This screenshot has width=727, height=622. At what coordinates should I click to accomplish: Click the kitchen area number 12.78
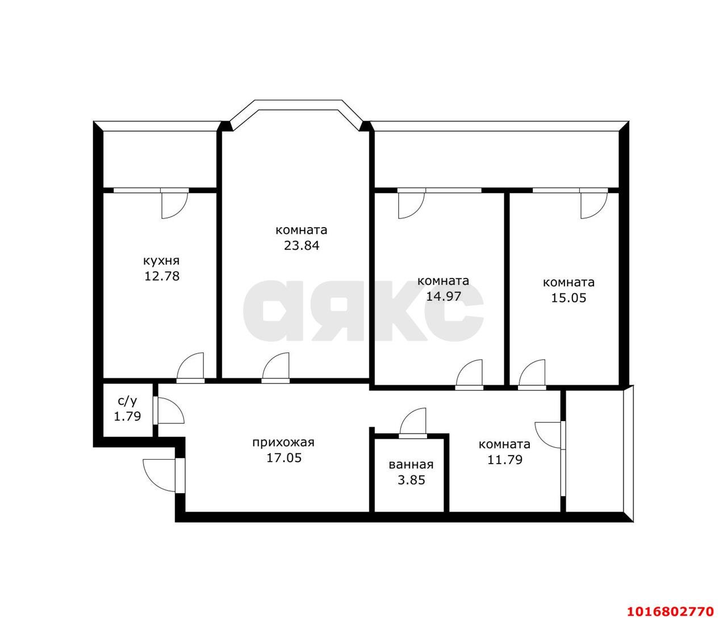pyautogui.click(x=162, y=276)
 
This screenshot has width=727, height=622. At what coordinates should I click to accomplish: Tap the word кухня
pyautogui.click(x=161, y=260)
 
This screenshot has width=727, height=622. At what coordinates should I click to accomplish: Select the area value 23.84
pyautogui.click(x=302, y=245)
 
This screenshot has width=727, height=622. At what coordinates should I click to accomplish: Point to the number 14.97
pyautogui.click(x=443, y=296)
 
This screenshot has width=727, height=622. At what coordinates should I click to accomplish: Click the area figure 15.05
pyautogui.click(x=569, y=298)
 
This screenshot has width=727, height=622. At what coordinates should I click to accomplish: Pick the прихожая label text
pyautogui.click(x=283, y=443)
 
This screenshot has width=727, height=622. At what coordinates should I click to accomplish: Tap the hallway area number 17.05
pyautogui.click(x=284, y=458)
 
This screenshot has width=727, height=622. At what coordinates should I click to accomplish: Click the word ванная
pyautogui.click(x=411, y=465)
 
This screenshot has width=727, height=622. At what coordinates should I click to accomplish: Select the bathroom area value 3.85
pyautogui.click(x=411, y=480)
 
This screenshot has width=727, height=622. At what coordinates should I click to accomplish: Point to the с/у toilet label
pyautogui.click(x=127, y=401)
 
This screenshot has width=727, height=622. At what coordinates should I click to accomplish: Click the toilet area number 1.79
pyautogui.click(x=127, y=417)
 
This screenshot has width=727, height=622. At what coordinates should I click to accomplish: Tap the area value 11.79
pyautogui.click(x=505, y=460)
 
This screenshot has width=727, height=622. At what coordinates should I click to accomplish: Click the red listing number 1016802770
pyautogui.click(x=671, y=601)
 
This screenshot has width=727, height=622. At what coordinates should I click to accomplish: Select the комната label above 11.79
pyautogui.click(x=504, y=444)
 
